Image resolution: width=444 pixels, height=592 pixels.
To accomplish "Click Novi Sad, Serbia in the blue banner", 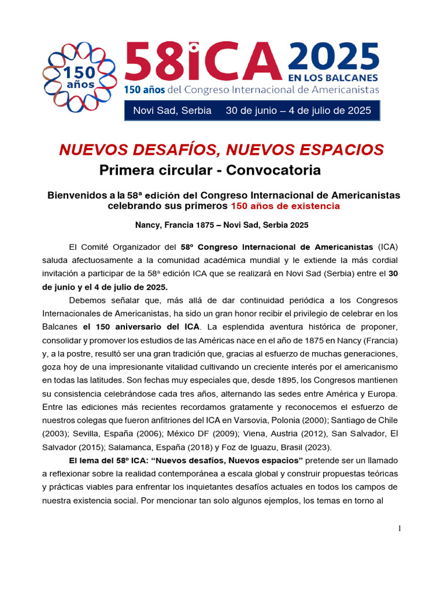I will (172, 110).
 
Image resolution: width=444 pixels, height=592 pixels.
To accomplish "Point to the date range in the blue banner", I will (298, 110).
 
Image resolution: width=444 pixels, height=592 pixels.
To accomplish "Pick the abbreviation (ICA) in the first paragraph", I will (388, 247).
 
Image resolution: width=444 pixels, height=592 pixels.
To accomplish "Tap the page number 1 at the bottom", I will (399, 528).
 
